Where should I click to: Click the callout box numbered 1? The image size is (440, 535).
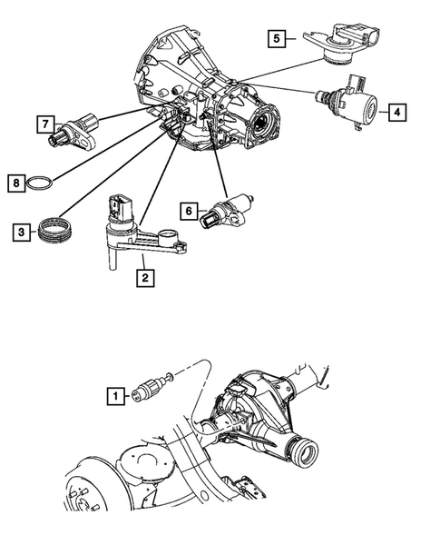pyautogui.click(x=115, y=395)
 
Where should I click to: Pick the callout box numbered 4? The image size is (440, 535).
pyautogui.click(x=396, y=113)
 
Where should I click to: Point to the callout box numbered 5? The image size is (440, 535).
pyautogui.click(x=276, y=38)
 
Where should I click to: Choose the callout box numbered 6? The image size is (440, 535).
pyautogui.click(x=190, y=211)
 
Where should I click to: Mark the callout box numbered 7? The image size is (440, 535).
pyautogui.click(x=42, y=122)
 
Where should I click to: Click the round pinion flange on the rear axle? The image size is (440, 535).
pyautogui.click(x=305, y=449)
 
